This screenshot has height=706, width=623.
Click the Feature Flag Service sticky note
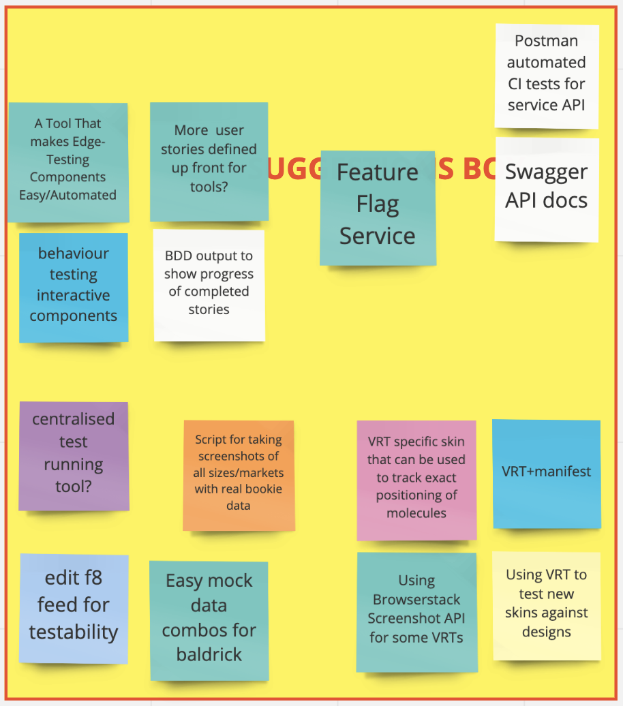click(x=378, y=208)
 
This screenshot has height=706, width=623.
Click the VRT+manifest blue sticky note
click(x=547, y=474)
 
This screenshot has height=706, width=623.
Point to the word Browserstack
click(x=416, y=600)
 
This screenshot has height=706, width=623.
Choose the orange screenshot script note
click(x=239, y=475)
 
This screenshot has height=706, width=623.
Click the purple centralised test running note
click(x=74, y=455)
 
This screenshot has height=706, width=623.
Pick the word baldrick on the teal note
click(x=209, y=655)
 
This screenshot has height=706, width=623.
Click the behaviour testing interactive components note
click(x=74, y=287)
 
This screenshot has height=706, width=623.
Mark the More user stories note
click(x=209, y=162)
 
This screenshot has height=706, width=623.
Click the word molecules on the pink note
click(x=416, y=513)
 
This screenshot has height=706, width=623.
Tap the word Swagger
click(x=546, y=172)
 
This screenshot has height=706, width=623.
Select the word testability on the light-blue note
click(x=74, y=632)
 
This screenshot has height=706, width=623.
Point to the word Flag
click(x=378, y=204)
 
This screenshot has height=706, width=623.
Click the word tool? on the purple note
click(x=74, y=487)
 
